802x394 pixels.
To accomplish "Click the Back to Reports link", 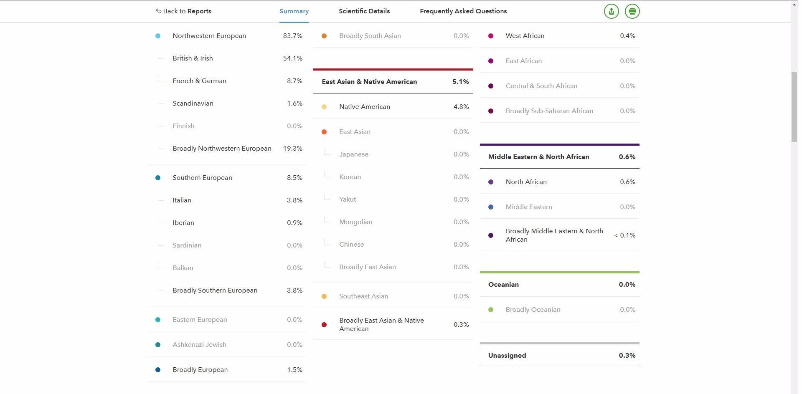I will point(183,11).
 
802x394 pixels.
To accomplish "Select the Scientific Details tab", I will point(364,11).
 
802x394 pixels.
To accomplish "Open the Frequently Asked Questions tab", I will point(463,11).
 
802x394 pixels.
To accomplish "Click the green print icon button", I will point(632,11).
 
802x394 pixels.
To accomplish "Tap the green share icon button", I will point(611,11).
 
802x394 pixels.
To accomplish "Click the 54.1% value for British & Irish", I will point(292,58).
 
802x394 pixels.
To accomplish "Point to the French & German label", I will point(199,81).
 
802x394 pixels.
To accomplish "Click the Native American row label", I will point(364,107).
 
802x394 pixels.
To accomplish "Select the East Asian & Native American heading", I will point(369,82).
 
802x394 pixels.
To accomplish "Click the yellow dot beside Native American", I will point(324,107).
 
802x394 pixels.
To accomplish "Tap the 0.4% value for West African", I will point(627,36).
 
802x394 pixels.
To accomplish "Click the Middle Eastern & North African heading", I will point(538,157).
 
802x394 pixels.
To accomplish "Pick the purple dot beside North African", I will point(490,182).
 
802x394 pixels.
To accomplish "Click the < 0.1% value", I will point(624,235).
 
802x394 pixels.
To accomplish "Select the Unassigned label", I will point(507,356).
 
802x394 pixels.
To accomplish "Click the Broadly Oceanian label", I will point(533,310).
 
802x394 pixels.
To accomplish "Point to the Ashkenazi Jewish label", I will point(199,345).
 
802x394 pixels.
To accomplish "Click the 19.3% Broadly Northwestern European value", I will point(292,149).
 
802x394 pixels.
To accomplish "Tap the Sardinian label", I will point(187,245).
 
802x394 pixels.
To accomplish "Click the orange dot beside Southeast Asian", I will point(324,296).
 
